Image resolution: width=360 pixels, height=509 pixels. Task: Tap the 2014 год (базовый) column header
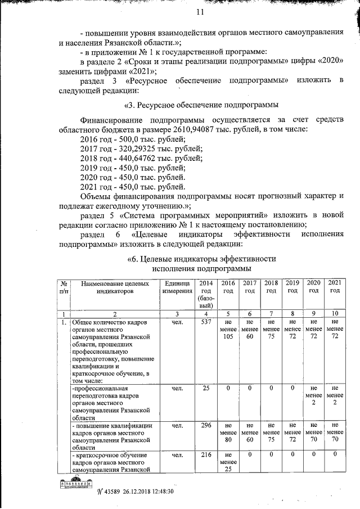[x=206, y=293]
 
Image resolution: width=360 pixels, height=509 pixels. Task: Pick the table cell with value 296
[x=206, y=426]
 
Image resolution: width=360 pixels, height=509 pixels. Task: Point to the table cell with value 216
[x=206, y=455]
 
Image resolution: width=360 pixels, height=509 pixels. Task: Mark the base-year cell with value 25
[x=206, y=388]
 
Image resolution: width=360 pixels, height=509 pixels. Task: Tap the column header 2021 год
[x=334, y=287]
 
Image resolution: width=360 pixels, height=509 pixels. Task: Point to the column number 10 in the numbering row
[x=334, y=313]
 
